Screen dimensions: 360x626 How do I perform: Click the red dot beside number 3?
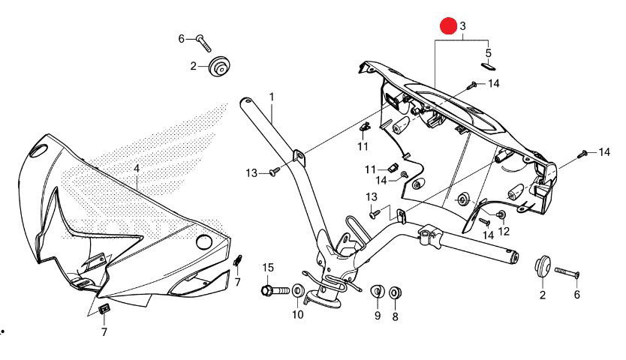448,25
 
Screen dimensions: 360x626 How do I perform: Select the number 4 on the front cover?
137,169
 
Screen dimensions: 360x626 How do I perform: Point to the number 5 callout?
488,53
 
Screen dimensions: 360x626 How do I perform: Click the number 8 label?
395,316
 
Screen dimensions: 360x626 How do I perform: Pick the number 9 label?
378,316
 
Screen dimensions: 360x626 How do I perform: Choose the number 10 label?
298,314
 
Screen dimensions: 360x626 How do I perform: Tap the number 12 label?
503,231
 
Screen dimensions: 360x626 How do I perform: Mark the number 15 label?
268,267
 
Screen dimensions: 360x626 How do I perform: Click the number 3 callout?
463,26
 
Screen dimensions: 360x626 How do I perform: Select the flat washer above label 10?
298,290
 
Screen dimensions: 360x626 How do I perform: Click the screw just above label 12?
502,215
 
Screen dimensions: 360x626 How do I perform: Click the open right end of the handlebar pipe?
515,257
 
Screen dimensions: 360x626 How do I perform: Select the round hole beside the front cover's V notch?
202,241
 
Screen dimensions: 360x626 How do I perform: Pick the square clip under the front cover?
104,307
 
